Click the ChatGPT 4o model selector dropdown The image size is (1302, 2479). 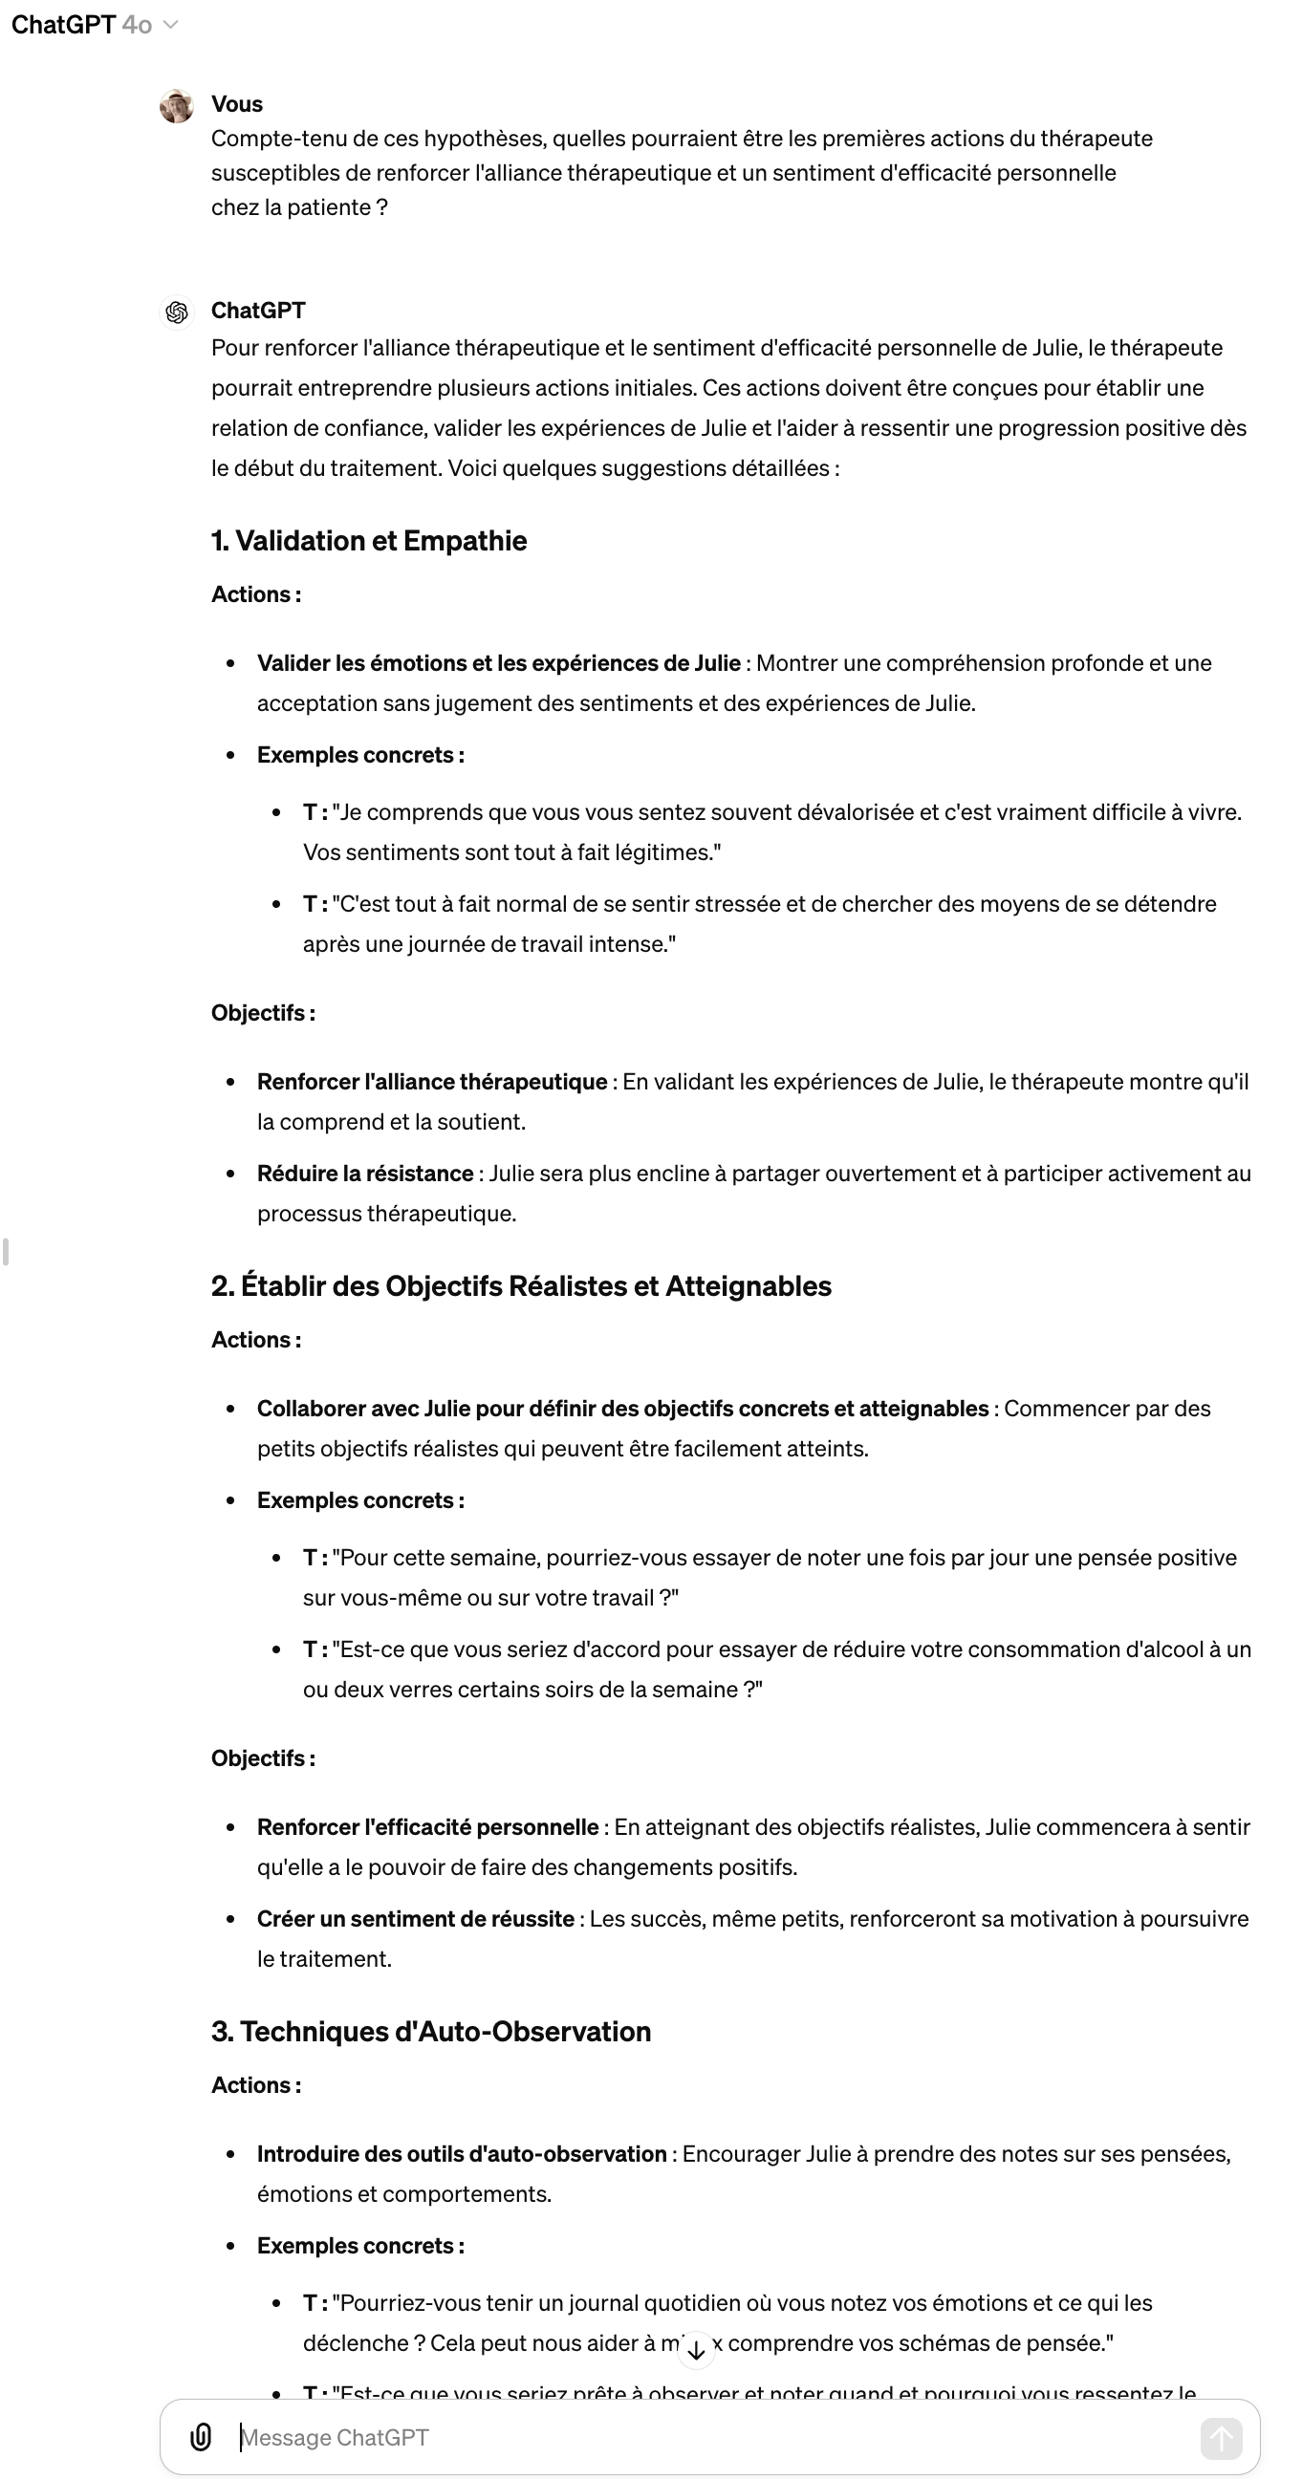coord(95,25)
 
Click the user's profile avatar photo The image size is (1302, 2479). coord(177,106)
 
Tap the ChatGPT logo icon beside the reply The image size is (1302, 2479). coord(177,312)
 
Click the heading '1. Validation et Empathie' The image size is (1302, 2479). coord(369,541)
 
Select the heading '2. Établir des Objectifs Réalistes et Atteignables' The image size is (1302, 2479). coord(521,1286)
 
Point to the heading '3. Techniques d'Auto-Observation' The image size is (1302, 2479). coord(431,2032)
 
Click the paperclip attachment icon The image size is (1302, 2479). coord(200,2437)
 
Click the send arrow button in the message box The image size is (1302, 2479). coord(1220,2438)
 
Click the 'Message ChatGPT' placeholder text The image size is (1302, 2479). coord(335,2438)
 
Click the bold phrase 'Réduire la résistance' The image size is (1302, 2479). coord(365,1175)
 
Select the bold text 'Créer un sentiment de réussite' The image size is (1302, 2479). coord(415,1919)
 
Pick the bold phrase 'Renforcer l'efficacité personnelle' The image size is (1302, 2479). coord(427,1827)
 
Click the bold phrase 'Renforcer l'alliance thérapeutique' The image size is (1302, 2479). coord(431,1083)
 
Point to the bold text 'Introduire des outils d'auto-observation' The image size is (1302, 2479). coord(461,2154)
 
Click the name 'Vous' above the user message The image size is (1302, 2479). coord(237,104)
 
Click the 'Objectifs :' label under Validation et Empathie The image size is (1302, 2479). coord(263,1013)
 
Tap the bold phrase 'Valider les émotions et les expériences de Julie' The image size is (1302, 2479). coord(498,664)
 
